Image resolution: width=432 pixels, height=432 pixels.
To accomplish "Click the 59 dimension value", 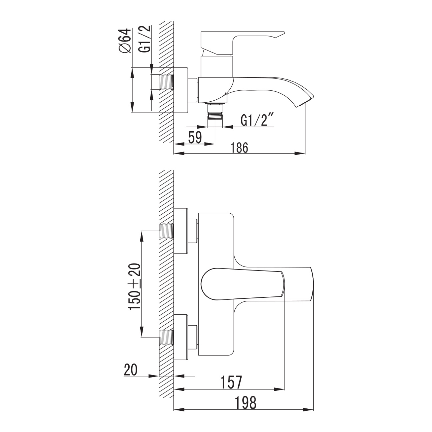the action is (195, 137).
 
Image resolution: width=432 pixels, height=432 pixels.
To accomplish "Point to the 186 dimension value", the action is (240, 148).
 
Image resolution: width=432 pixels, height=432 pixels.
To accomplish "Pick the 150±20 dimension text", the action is (135, 286).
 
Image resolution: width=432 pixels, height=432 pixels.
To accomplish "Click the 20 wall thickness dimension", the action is (131, 370).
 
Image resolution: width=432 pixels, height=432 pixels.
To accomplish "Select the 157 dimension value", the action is (231, 382).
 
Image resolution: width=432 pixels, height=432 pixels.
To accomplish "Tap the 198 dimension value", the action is (246, 402).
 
